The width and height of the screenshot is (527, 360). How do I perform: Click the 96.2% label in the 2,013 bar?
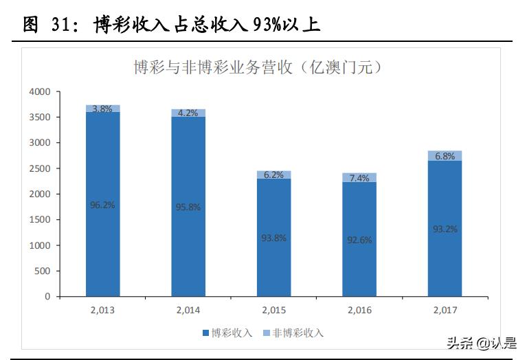coord(102,204)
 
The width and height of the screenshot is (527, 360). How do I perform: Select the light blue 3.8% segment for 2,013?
coord(102,109)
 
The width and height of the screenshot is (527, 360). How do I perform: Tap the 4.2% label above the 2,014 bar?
coord(188,113)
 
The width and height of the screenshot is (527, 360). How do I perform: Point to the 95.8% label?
coord(188,207)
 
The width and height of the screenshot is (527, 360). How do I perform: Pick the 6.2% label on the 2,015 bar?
coord(273,175)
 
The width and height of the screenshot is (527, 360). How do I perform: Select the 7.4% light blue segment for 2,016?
coord(359,177)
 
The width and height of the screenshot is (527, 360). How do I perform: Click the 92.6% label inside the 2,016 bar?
coord(359,240)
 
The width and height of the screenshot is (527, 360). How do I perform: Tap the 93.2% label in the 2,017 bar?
coord(445,229)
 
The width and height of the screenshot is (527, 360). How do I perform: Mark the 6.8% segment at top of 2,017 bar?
coord(445,156)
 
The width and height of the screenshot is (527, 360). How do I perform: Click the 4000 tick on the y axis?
coord(40,91)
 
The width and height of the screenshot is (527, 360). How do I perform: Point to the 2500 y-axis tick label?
coord(40,168)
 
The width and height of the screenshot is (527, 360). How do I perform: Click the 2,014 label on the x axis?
coord(188,311)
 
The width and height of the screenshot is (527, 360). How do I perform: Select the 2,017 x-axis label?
coord(445,311)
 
